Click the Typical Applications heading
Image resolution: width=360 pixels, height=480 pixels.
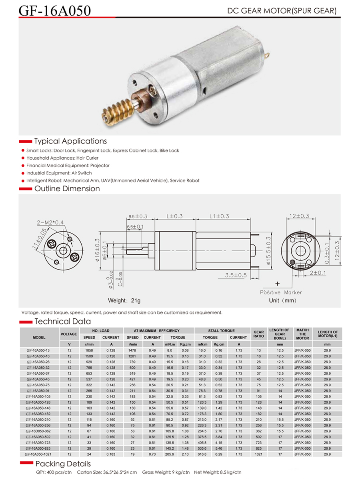pos(70,141)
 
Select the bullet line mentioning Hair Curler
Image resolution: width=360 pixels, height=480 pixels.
pos(62,158)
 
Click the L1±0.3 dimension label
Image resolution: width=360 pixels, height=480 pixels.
pos(219,216)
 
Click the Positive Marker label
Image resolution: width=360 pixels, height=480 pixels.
pos(280,292)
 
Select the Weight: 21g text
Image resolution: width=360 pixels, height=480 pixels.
pos(124,300)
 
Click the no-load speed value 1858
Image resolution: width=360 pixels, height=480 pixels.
pos(89,350)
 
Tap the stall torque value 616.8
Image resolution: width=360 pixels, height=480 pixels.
pos(202,454)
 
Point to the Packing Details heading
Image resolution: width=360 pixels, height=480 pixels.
pos(63,464)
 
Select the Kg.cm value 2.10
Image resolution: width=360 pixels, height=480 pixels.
pos(185,454)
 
